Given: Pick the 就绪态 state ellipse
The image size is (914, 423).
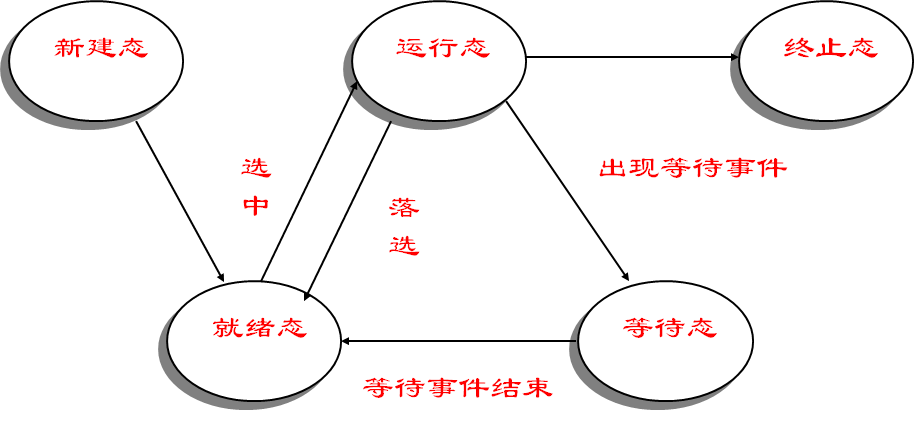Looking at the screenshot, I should coord(254,354).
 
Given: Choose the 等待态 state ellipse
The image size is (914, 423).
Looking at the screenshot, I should coord(665,355).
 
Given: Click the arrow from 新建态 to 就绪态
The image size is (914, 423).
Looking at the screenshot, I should coord(180,201).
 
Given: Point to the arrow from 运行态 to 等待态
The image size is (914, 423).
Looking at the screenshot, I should coord(567,190).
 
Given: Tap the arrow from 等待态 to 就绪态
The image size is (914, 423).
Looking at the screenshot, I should coord(460,341).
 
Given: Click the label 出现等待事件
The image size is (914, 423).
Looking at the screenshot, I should coord(692,168).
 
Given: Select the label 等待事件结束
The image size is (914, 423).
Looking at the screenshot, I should coord(458,387).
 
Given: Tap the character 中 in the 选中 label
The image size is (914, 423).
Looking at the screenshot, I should coord(256,205).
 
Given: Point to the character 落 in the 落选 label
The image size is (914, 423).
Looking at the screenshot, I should coord(404,208).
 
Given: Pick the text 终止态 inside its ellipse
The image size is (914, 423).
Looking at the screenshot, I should coord(830,49).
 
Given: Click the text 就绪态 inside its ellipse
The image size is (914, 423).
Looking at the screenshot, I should coord(259,327).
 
